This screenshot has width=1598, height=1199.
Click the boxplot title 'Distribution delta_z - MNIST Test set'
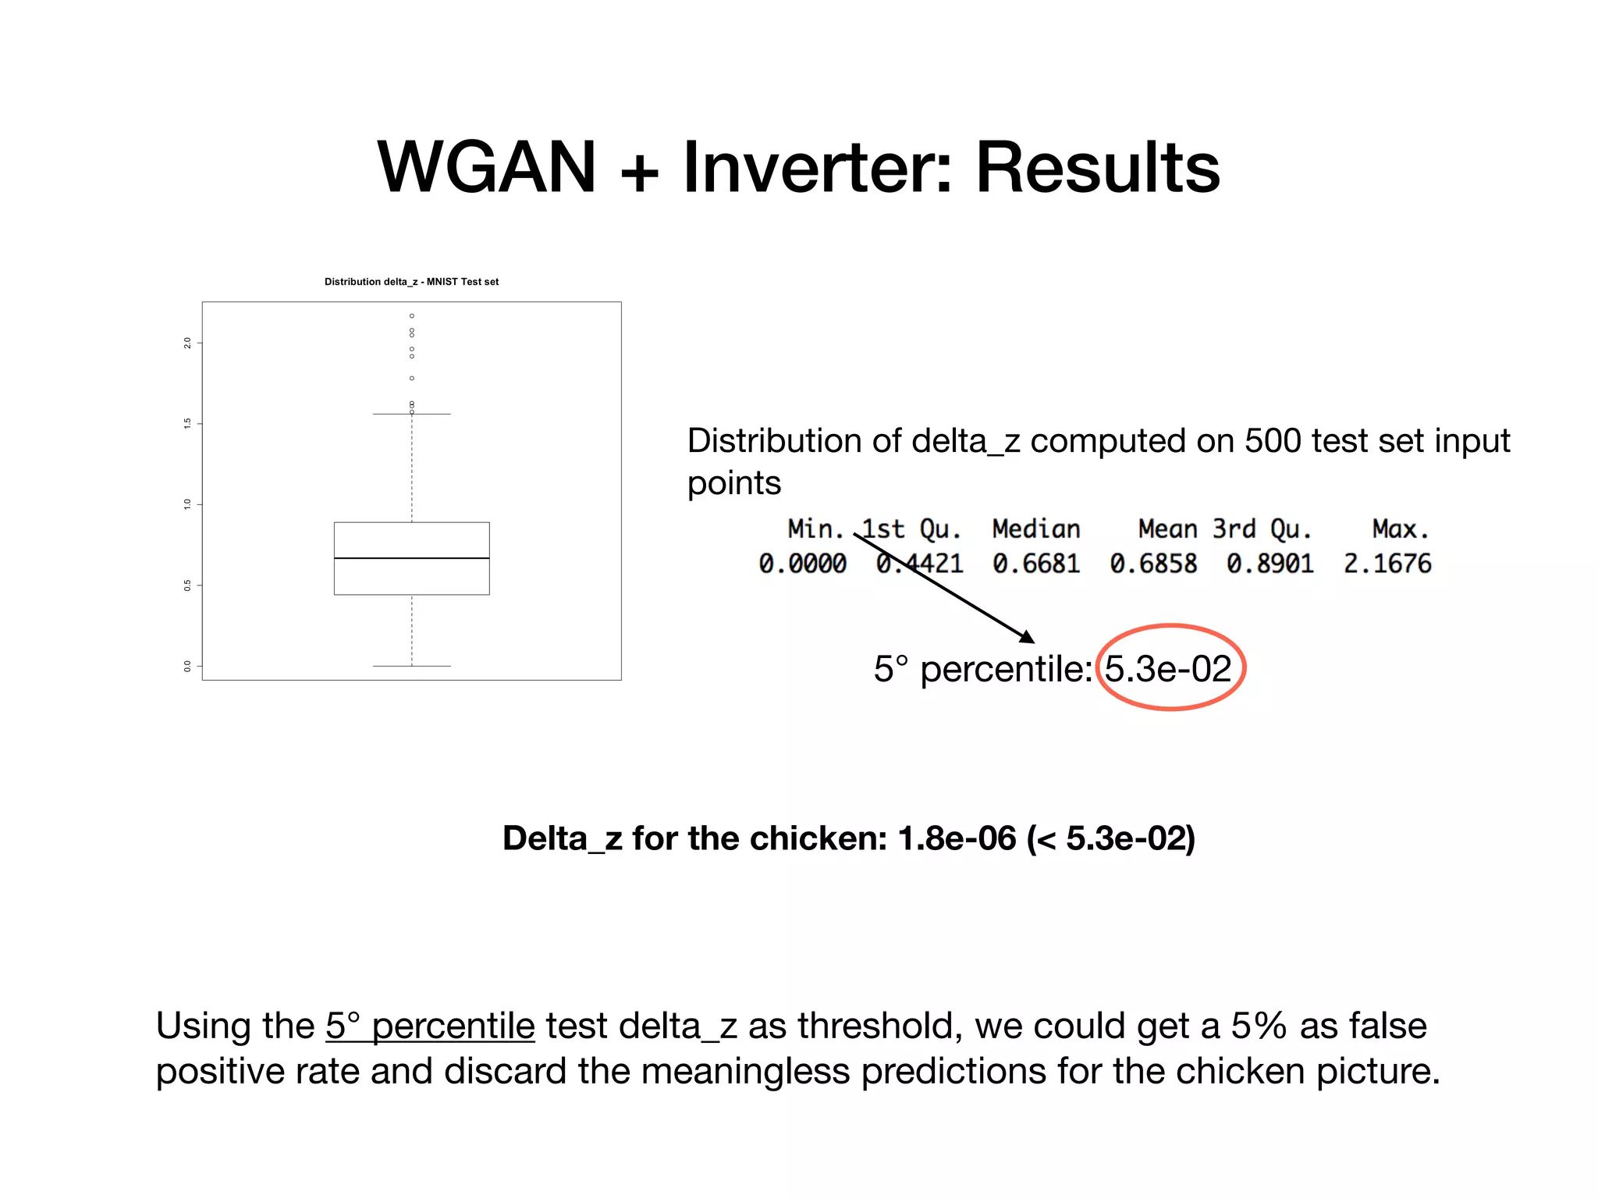[x=411, y=282]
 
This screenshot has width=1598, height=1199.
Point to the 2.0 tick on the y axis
[x=187, y=343]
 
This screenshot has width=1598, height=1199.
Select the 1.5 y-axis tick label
[x=187, y=423]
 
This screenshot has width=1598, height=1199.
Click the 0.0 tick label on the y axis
[x=187, y=666]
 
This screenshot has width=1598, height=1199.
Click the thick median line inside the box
[x=411, y=558]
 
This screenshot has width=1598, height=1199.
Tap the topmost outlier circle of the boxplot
[x=412, y=316]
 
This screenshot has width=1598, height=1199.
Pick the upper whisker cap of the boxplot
[x=411, y=414]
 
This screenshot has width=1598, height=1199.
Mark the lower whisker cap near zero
[x=411, y=666]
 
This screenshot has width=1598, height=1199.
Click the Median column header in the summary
[x=1035, y=529]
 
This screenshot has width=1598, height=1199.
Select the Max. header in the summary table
[x=1400, y=529]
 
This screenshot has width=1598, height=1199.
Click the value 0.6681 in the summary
[x=1035, y=564]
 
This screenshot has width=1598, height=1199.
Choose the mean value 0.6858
[x=1152, y=564]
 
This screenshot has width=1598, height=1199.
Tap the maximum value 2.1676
[x=1387, y=564]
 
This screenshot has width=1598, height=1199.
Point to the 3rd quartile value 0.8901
[x=1270, y=564]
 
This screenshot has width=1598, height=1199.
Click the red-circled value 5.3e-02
[x=1168, y=669]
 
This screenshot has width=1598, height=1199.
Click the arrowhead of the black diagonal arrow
[x=1028, y=637]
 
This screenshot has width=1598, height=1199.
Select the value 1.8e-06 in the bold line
[x=957, y=838]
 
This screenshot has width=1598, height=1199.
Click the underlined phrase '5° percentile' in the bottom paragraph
[x=430, y=1026]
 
